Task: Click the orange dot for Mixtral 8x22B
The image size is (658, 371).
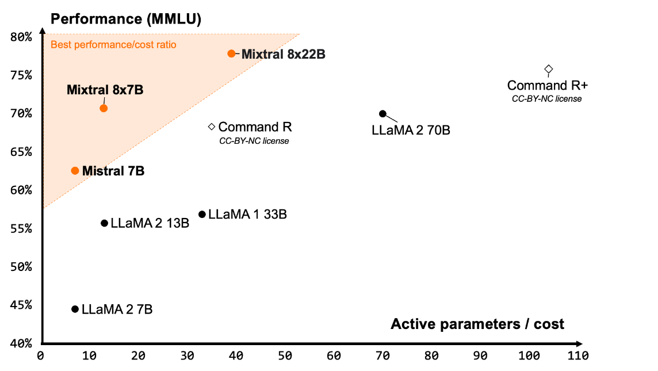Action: coord(232,53)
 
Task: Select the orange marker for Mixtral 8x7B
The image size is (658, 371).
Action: coord(104,108)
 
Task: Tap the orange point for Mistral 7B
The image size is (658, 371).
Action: coord(75,171)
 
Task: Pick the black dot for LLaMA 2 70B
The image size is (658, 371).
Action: coord(383,114)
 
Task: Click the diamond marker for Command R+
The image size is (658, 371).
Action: coord(549,70)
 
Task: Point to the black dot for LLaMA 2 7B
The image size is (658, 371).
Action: coord(75,309)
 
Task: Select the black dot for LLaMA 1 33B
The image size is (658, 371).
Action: coord(202,215)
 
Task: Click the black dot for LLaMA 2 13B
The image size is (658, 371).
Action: coord(104,223)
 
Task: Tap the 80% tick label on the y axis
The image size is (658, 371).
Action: coord(21,37)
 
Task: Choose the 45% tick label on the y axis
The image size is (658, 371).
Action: coord(21,305)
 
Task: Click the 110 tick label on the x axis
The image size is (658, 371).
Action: coord(577,356)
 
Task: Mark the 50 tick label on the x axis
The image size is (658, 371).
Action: coord(285,356)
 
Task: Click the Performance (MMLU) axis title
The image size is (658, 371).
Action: coord(126,18)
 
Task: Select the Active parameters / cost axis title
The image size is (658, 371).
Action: coord(477,324)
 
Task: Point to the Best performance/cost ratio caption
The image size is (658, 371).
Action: coord(113,44)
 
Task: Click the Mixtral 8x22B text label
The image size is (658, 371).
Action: coord(284,55)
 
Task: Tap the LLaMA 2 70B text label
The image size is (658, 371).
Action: coord(411,131)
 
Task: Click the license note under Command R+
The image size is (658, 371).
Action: coord(546,99)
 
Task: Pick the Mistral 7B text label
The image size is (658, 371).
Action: coord(113,171)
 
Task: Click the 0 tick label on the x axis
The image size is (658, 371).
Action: coord(40,356)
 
